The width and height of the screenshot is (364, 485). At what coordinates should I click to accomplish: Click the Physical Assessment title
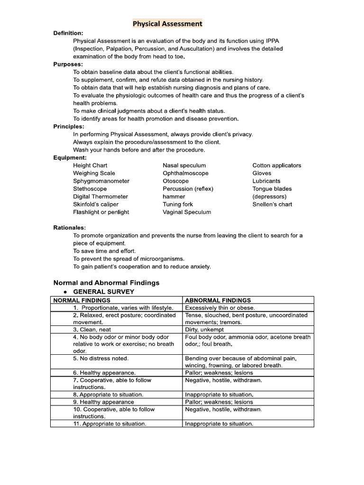click(x=167, y=23)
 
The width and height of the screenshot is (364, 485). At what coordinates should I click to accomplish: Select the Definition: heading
click(x=68, y=33)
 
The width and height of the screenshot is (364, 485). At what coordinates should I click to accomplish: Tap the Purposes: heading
click(x=68, y=64)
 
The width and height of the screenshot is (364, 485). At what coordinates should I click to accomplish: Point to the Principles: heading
click(x=69, y=126)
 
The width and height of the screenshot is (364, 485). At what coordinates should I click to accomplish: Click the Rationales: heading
click(x=69, y=228)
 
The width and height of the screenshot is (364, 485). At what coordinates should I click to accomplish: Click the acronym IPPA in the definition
click(x=287, y=41)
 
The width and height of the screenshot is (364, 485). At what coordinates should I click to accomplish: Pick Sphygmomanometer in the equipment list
click(x=101, y=181)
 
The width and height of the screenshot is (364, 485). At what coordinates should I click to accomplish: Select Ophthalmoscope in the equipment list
click(x=185, y=173)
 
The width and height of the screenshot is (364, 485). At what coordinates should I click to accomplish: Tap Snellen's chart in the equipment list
click(x=272, y=205)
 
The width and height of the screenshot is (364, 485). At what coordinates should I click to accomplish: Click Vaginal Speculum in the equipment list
click(x=187, y=212)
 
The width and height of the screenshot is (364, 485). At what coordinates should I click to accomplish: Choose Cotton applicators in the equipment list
click(x=276, y=165)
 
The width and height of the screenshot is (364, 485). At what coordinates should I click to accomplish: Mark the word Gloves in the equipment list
click(x=263, y=173)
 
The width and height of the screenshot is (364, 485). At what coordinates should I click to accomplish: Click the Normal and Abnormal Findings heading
click(x=106, y=283)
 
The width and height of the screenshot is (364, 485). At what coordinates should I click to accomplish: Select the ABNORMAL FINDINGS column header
click(x=218, y=300)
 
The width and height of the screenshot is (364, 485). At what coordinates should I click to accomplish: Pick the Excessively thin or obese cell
click(x=219, y=307)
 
